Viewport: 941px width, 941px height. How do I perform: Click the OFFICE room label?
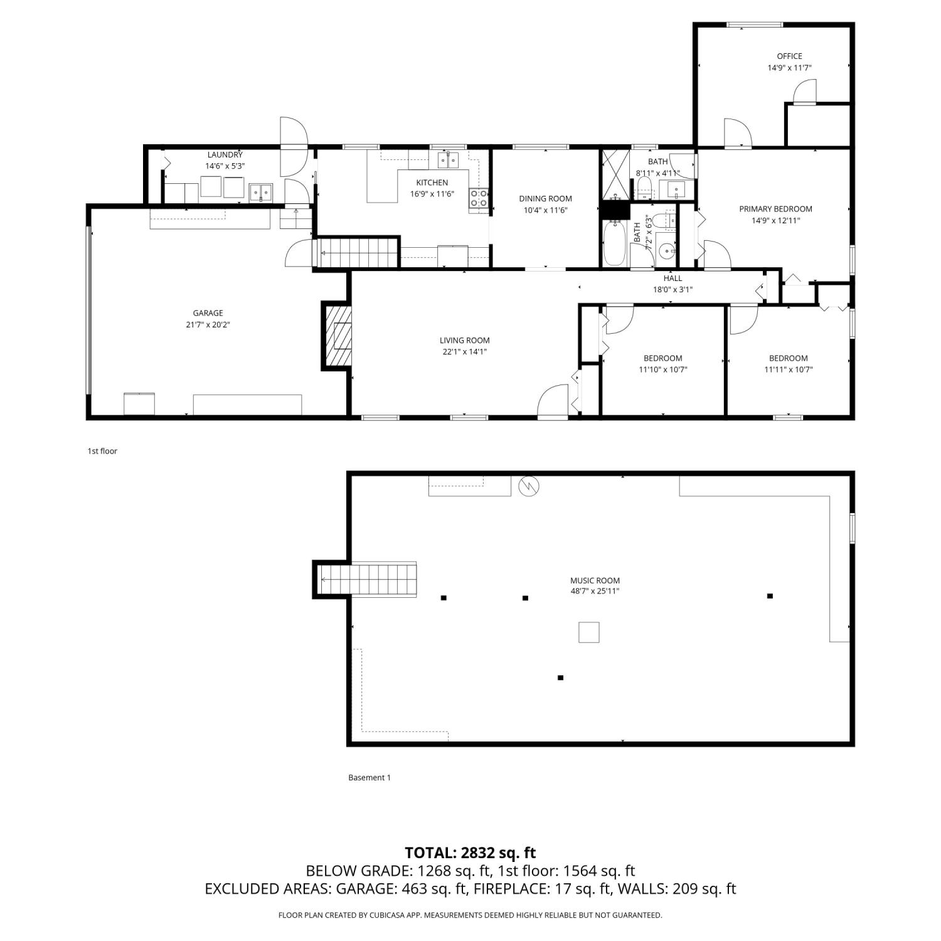tap(789, 56)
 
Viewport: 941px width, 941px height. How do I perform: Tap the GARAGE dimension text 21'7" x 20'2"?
tap(208, 325)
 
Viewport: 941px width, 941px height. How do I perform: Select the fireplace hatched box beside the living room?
tap(336, 336)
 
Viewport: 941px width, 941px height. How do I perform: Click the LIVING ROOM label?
tap(465, 341)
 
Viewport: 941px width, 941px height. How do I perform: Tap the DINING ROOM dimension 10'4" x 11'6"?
tap(546, 210)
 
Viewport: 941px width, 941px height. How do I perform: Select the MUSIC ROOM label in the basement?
tap(595, 580)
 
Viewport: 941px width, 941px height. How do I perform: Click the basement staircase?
tap(367, 579)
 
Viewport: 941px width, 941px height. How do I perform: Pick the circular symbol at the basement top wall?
tap(529, 485)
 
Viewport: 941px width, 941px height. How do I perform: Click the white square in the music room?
tap(588, 632)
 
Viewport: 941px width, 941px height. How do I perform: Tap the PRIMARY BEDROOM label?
tap(775, 209)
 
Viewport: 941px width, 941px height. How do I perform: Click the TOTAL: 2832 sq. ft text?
tap(470, 853)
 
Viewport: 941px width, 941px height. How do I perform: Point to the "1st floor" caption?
tap(102, 451)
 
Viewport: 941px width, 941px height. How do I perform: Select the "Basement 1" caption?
tap(369, 777)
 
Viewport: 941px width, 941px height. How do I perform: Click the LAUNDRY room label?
tap(225, 155)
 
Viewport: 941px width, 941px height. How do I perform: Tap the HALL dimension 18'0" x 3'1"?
tap(673, 290)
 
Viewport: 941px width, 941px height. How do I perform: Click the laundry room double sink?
tap(260, 192)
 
